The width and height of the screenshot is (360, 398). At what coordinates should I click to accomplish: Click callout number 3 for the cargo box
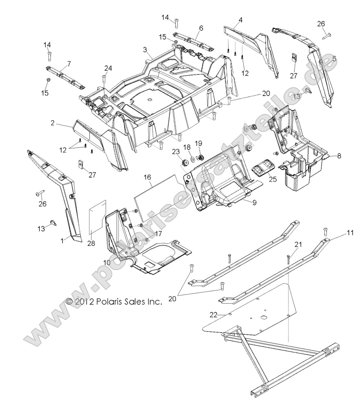pos(145,50)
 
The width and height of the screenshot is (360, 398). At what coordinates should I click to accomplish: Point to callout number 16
pos(147,177)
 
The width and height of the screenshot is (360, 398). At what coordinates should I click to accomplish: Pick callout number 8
pos(339,155)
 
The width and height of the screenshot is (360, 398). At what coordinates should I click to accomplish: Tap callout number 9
pos(254,202)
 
